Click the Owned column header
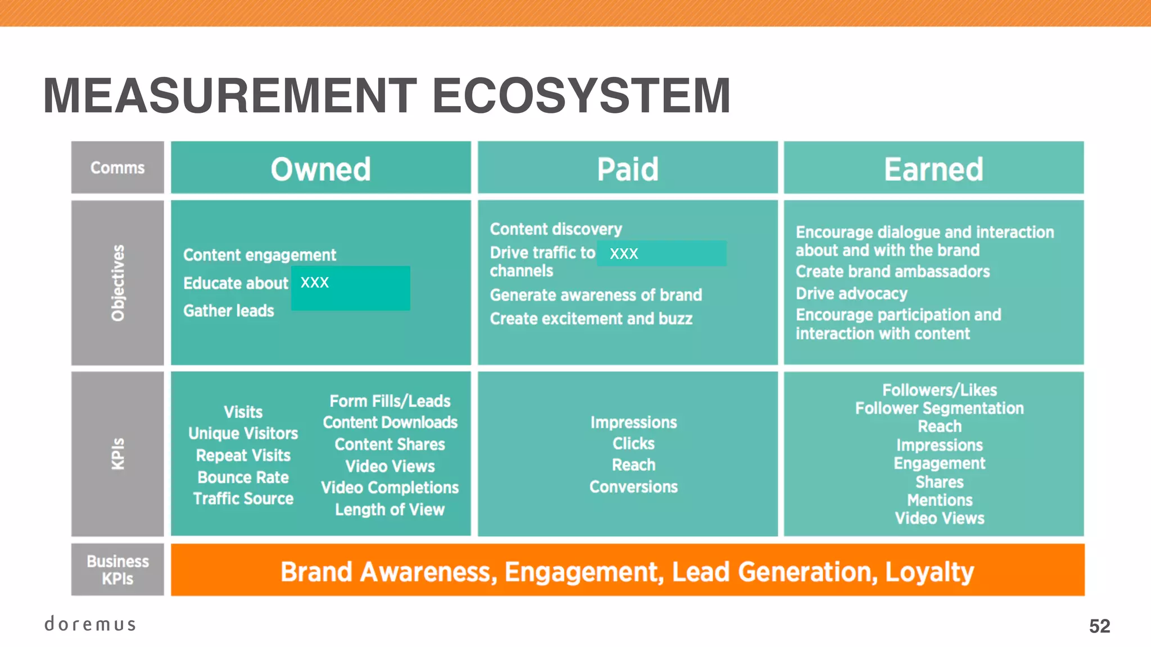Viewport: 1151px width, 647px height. tap(321, 168)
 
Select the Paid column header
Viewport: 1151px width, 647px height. tap(627, 168)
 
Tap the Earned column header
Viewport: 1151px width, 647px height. tap(934, 168)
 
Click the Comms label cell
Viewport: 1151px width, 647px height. tap(117, 168)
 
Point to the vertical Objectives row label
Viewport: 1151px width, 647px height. tap(117, 283)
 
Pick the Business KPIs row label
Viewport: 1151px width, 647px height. tap(117, 569)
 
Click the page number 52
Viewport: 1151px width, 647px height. tap(1099, 626)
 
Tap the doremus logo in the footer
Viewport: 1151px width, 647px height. tap(90, 624)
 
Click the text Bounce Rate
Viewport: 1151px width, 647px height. tap(243, 477)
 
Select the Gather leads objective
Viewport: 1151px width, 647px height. tap(229, 311)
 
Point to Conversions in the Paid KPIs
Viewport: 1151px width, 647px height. tap(633, 487)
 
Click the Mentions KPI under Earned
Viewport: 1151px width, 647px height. tap(939, 500)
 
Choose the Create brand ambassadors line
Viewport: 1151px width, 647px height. tap(892, 272)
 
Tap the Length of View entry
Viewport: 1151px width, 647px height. tap(389, 509)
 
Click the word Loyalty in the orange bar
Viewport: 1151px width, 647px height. tap(929, 572)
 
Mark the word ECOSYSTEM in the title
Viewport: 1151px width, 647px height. tap(581, 95)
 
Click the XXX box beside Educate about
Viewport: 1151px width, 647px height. tap(351, 288)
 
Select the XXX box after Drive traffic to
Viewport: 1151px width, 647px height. tap(661, 253)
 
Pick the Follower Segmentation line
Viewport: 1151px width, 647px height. tap(939, 408)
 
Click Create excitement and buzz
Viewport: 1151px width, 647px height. tap(591, 319)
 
